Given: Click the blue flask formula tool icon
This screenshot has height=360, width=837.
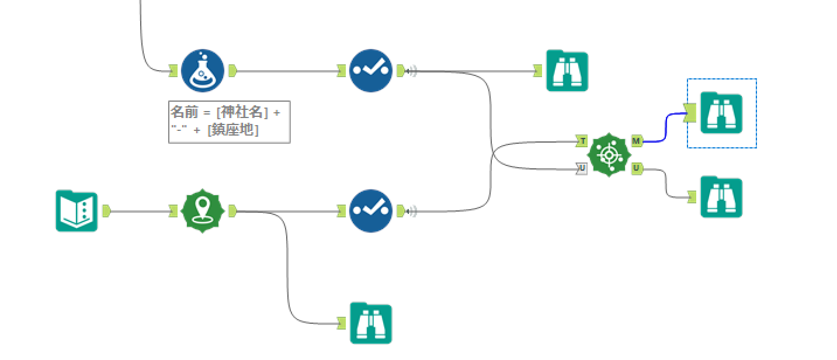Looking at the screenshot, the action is coord(203,71).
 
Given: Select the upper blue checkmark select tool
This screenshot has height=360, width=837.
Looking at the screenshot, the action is coord(371,71).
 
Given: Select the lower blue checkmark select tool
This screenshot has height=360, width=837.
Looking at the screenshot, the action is coord(371,211).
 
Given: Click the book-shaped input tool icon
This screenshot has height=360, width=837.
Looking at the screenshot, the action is coord(77,211).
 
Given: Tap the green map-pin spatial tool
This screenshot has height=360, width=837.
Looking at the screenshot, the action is coord(203,211).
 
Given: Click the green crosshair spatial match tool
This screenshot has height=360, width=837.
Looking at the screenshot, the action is coord(609,155).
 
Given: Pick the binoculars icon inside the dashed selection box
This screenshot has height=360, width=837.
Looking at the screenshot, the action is coord(721,113).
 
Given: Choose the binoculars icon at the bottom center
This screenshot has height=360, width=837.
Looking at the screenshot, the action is coord(371,323).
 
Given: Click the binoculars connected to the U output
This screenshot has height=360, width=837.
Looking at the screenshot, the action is coord(721,197).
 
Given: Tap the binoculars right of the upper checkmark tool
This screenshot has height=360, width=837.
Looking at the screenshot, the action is coord(567,71).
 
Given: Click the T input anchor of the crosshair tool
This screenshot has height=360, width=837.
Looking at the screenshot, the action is coord(581,141).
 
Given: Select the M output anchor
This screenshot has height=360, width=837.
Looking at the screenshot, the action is coord(636,141).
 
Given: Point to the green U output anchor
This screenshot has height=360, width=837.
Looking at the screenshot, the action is coord(636,168).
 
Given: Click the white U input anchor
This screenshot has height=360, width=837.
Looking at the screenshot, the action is coord(581,168).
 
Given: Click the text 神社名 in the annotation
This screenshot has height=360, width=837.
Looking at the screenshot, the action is coord(242,112).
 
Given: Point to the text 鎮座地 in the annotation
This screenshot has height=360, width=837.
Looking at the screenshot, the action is coord(233,130).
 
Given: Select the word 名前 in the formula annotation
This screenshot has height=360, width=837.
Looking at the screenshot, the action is coord(185,112).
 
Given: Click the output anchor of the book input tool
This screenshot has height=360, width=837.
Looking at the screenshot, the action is coord(106,211).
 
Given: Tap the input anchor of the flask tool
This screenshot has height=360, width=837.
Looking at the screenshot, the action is coord(173,71).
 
